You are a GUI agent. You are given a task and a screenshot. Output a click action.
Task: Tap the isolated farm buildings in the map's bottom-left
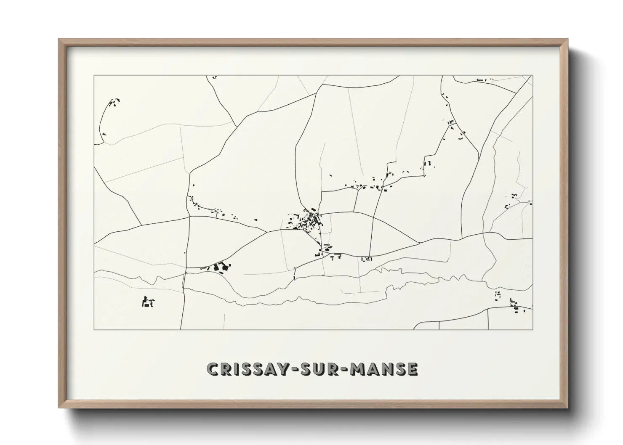click(x=147, y=302)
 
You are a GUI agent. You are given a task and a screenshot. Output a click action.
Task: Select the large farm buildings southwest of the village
click(x=222, y=268)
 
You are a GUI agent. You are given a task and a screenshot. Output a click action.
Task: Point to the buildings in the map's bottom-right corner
click(x=514, y=306)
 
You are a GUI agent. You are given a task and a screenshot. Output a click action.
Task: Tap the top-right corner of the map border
click(x=532, y=76)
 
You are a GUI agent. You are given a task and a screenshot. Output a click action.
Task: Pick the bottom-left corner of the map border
click(x=94, y=329)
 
